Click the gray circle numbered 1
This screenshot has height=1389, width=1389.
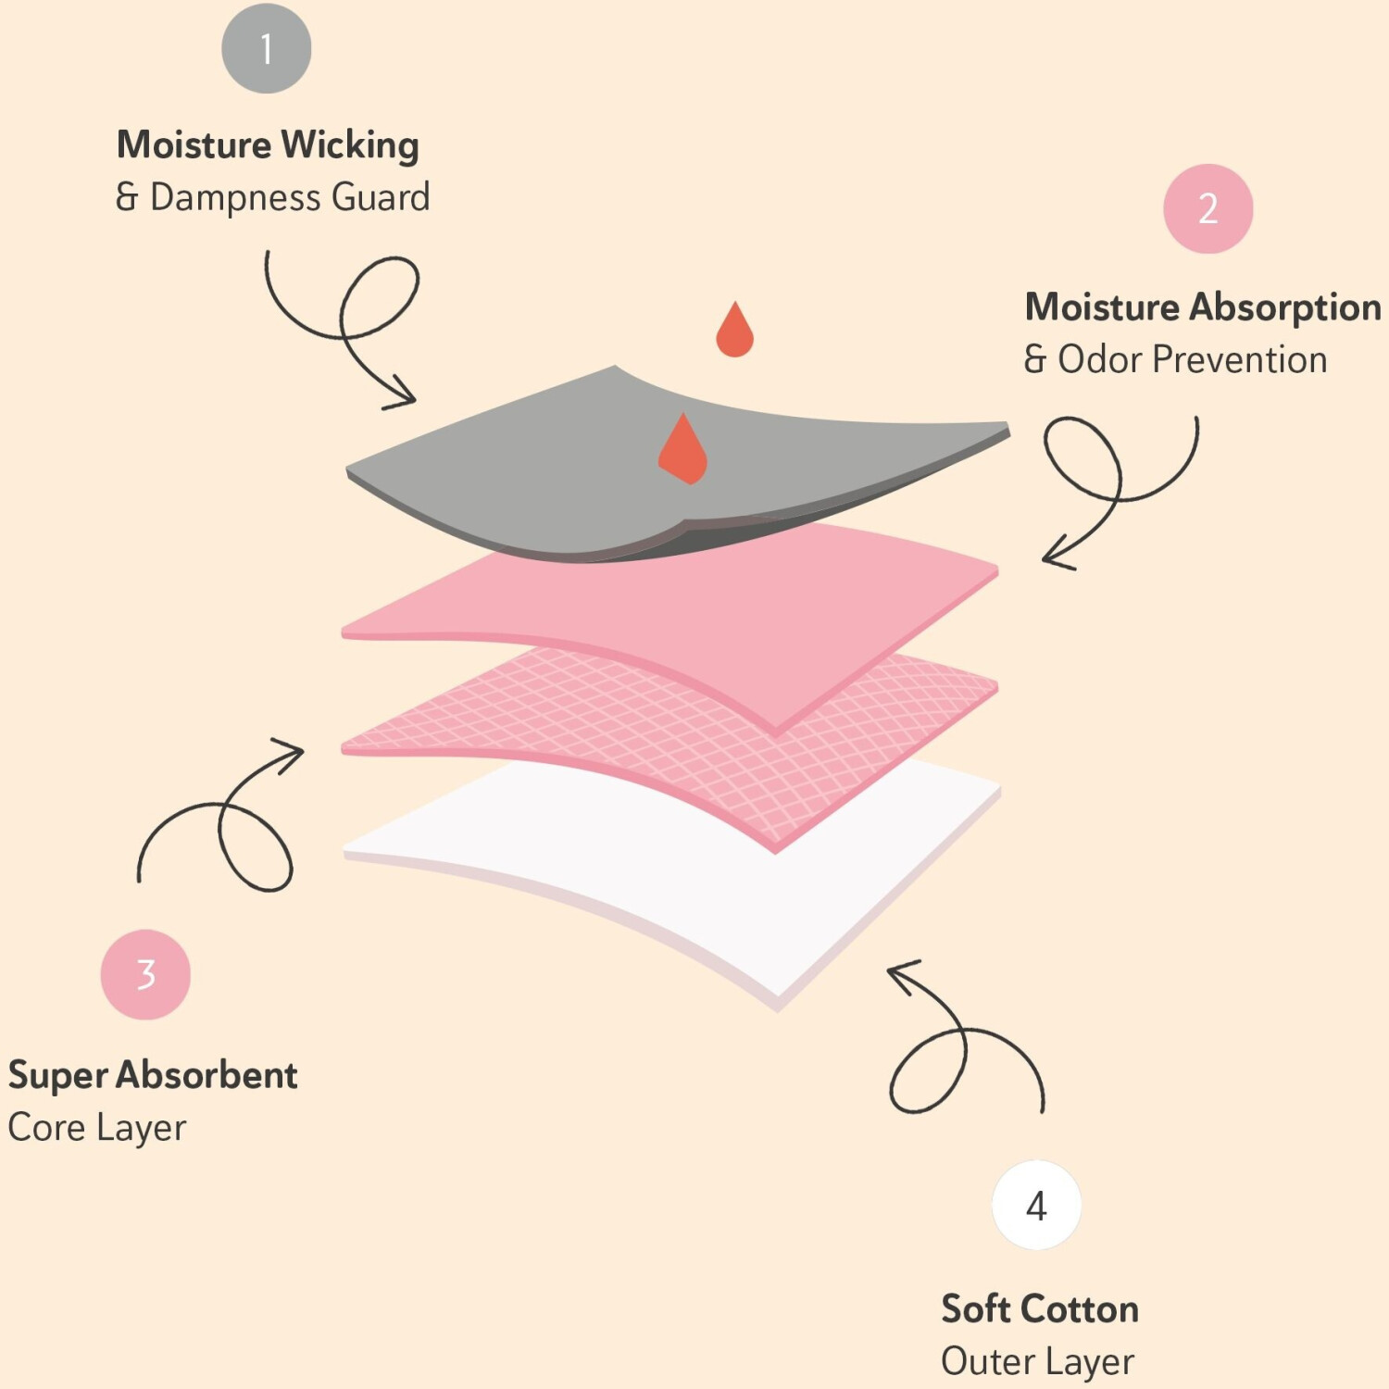click(266, 48)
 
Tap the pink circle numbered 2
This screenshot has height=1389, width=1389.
click(1208, 208)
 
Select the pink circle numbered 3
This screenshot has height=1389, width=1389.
click(145, 974)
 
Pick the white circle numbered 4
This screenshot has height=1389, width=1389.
click(1036, 1205)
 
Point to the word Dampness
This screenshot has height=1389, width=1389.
click(235, 197)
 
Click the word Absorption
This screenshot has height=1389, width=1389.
click(1286, 307)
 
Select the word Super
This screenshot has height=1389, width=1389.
click(57, 1076)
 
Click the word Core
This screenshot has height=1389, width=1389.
click(46, 1128)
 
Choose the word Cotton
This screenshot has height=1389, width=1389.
click(1080, 1309)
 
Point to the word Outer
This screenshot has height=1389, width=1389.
click(987, 1361)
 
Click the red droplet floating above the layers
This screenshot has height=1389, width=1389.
click(734, 331)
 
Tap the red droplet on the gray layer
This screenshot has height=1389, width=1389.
click(683, 450)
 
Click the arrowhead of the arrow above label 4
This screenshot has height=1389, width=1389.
click(898, 972)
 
